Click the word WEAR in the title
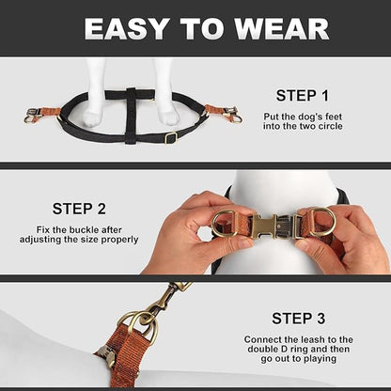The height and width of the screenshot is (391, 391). [281, 29]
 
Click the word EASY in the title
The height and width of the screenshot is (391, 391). [128, 29]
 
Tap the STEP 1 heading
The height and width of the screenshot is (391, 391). [303, 96]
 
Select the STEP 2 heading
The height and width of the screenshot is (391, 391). [79, 209]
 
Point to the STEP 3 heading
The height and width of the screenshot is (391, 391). [299, 319]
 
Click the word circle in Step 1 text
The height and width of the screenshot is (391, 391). [329, 126]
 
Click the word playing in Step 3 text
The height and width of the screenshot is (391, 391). [320, 359]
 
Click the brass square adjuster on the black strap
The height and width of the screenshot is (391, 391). [171, 137]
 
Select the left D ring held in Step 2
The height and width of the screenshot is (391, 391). [225, 223]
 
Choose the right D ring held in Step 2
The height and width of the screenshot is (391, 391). [322, 222]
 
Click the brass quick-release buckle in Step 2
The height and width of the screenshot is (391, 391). [273, 227]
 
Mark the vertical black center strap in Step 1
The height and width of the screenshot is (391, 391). [132, 116]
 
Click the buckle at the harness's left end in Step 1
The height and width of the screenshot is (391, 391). [32, 112]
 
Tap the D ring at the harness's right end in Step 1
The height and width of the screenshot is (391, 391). [237, 119]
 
